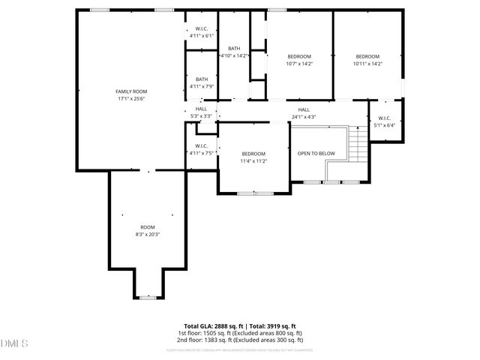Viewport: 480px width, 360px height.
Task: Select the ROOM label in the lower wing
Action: tap(147, 227)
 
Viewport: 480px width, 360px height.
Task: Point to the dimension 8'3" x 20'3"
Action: tap(147, 235)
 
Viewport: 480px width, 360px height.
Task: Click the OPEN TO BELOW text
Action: tap(316, 153)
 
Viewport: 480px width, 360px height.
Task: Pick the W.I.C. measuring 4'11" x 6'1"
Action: tap(202, 31)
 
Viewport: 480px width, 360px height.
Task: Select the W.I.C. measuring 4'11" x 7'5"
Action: tap(202, 149)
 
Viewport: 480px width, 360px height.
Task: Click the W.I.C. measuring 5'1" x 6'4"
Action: tap(385, 121)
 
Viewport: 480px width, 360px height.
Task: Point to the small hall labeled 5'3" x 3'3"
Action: tap(202, 112)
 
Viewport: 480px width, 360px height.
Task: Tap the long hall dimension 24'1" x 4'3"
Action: tap(304, 116)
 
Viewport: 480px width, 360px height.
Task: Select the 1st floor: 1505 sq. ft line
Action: tap(240, 333)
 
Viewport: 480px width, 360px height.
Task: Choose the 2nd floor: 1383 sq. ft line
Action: tap(240, 340)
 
